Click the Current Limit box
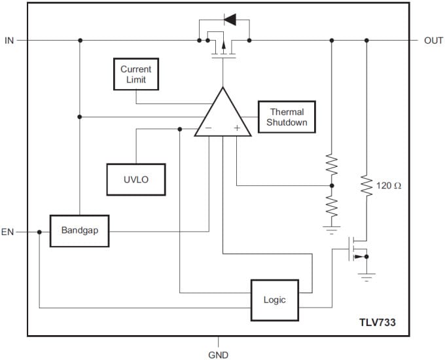tap(136, 74)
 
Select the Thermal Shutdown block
tap(287, 117)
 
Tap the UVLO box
tap(136, 179)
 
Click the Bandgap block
tap(79, 230)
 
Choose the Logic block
tap(275, 300)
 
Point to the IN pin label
tap(9, 41)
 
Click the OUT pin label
tap(433, 41)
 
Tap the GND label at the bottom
tap(219, 354)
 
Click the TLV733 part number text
tap(377, 322)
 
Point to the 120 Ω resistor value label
tap(389, 186)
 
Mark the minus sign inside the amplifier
tap(208, 128)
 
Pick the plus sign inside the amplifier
tap(237, 128)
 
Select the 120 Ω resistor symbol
tap(366, 186)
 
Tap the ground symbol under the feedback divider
tap(332, 230)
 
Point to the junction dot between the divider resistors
tap(332, 185)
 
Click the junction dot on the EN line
tap(39, 232)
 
